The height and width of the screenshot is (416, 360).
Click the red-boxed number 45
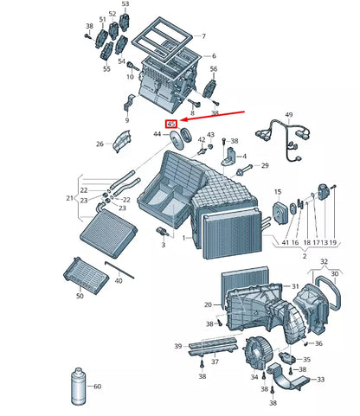click(x=171, y=125)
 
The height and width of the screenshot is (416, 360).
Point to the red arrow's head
click(x=182, y=124)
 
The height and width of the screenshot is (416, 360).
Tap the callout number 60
click(x=97, y=386)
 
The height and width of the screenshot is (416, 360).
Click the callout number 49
click(x=289, y=115)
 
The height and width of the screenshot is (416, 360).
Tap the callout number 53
click(x=124, y=5)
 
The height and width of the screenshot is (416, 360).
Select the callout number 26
click(x=100, y=144)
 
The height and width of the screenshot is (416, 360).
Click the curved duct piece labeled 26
click(x=120, y=139)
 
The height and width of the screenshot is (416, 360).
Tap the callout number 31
click(x=295, y=286)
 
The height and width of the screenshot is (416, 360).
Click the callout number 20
click(x=207, y=304)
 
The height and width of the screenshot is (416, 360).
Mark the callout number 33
click(x=321, y=379)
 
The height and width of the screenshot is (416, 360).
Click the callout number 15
click(x=278, y=191)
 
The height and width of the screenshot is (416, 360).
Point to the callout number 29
click(x=265, y=165)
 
